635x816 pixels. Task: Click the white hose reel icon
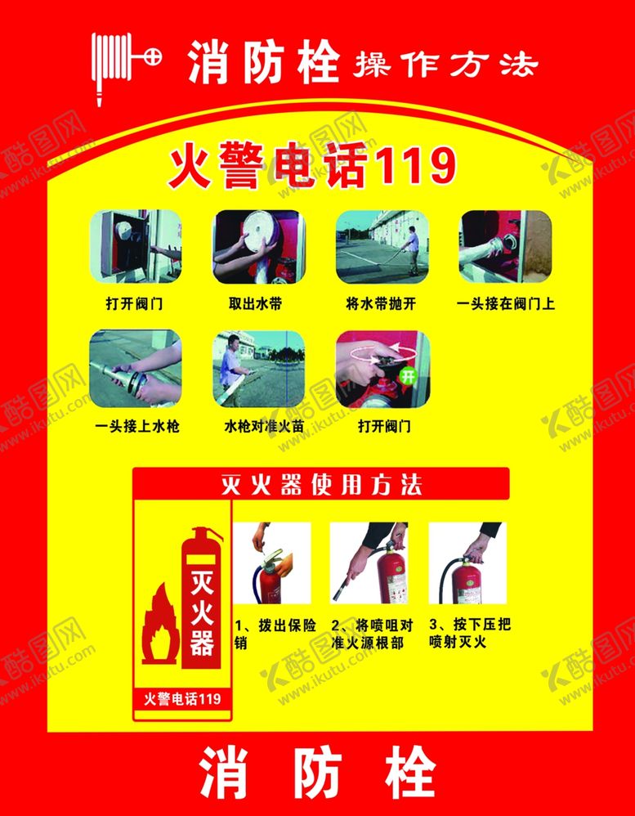pyautogui.click(x=126, y=68)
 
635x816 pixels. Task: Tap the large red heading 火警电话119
pyautogui.click(x=311, y=168)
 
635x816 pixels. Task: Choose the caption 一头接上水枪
pyautogui.click(x=138, y=427)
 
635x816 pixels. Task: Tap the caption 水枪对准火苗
pyautogui.click(x=264, y=427)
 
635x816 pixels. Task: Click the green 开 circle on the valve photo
pyautogui.click(x=409, y=377)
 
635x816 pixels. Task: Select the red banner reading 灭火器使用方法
pyautogui.click(x=321, y=484)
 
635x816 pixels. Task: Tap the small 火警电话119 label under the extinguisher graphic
pyautogui.click(x=182, y=698)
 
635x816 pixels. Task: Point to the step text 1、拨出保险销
pyautogui.click(x=275, y=634)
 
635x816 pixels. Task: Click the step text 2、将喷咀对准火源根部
pyautogui.click(x=373, y=634)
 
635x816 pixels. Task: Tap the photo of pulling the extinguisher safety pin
pyautogui.click(x=271, y=563)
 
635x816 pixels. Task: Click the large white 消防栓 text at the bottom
pyautogui.click(x=318, y=772)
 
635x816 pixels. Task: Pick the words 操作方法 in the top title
pyautogui.click(x=445, y=65)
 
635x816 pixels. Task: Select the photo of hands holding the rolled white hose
pyautogui.click(x=258, y=246)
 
